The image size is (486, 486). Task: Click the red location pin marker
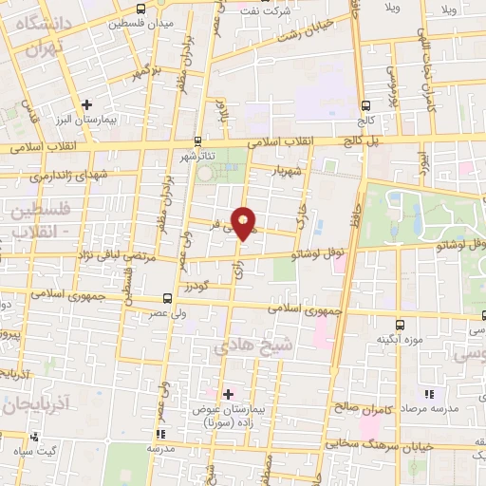(x=245, y=222)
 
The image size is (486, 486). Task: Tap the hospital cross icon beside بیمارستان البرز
(x=87, y=103)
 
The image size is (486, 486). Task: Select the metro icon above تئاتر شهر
(x=198, y=138)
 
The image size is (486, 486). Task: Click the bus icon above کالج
(x=366, y=105)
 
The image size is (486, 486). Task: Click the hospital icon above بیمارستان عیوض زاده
(x=227, y=393)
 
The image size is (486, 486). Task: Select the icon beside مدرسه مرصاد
(x=429, y=394)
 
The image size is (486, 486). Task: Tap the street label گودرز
(x=197, y=285)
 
